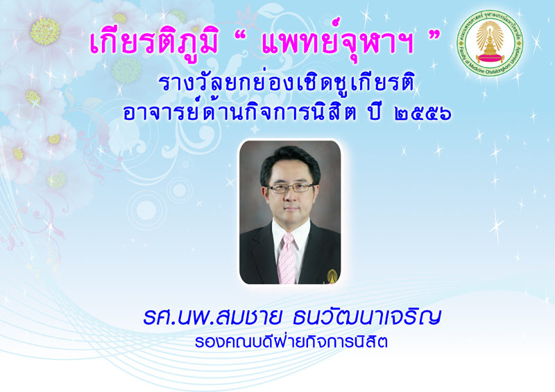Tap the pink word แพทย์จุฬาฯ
pos(337,42)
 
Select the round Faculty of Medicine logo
pos(490,43)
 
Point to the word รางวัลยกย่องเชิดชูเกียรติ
pos(286,84)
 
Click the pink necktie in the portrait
pos(287,259)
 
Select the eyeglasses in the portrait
pos(290,188)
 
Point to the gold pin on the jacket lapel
pos(332,276)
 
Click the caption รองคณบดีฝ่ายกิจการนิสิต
pos(291,342)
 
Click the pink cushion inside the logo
pos(490,58)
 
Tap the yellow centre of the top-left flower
pos(45,31)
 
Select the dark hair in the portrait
pos(290,161)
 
